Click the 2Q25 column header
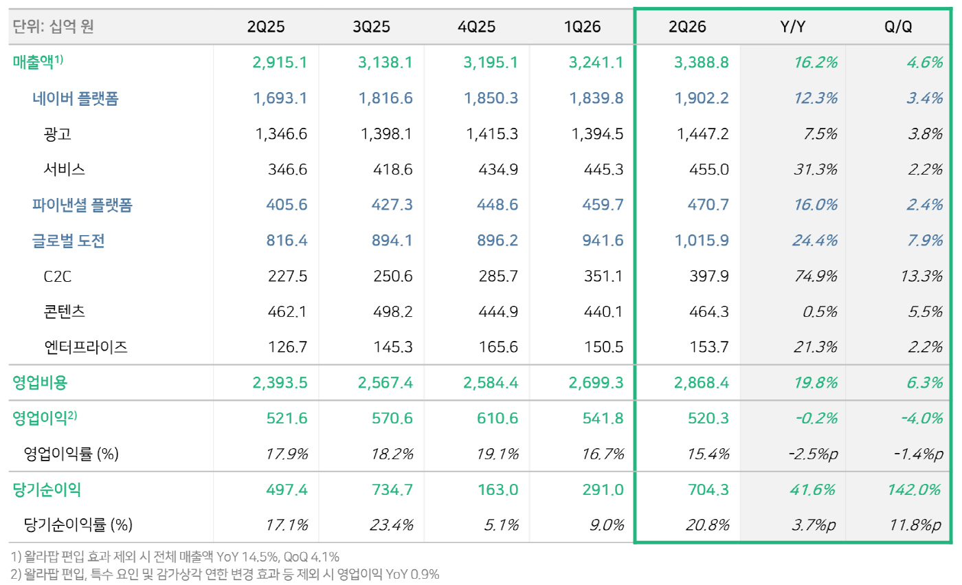[x=265, y=27]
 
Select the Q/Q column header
[x=898, y=27]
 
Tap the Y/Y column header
[x=792, y=27]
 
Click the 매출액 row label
[x=38, y=62]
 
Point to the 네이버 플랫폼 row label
[x=75, y=98]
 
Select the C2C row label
[x=57, y=276]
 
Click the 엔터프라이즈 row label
[x=86, y=347]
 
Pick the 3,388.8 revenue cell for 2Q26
[x=702, y=63]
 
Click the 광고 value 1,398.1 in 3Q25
[x=386, y=134]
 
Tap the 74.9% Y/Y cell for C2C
[x=815, y=276]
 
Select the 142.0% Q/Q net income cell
[x=913, y=489]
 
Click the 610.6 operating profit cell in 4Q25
[x=497, y=419]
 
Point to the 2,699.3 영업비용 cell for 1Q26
[x=596, y=383]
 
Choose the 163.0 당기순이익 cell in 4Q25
[x=497, y=489]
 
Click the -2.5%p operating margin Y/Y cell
[x=814, y=454]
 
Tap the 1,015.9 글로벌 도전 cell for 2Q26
[x=702, y=241]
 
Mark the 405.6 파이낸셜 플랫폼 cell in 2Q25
[x=287, y=205]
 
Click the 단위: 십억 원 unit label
[x=53, y=27]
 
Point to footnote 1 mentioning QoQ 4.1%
[x=175, y=557]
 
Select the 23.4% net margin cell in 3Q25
[x=391, y=525]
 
